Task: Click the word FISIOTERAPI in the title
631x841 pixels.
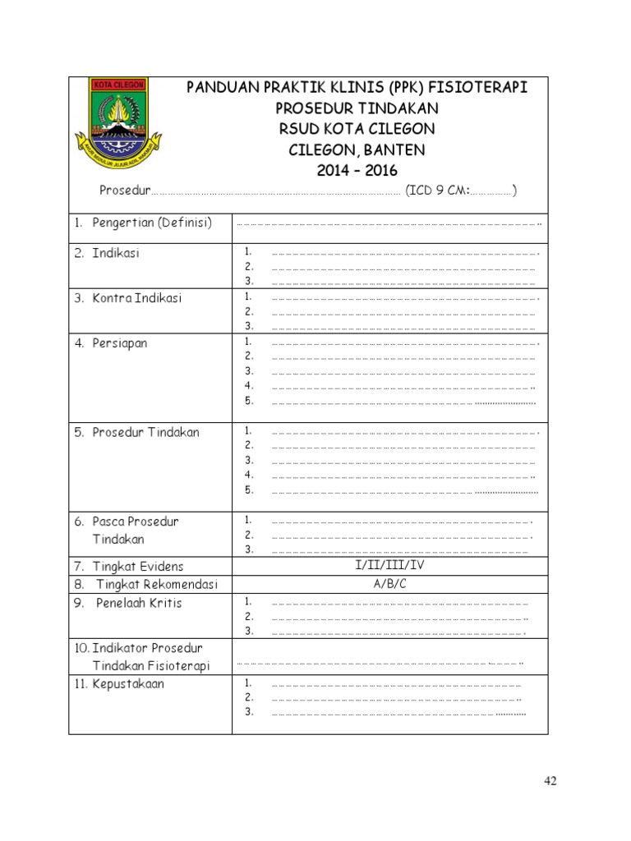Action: (478, 88)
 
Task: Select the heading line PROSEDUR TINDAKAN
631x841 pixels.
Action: (357, 108)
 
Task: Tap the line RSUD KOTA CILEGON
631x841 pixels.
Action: (357, 130)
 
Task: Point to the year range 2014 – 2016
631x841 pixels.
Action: (357, 171)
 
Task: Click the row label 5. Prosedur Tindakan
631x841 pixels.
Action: (137, 433)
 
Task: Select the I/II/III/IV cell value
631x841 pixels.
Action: (390, 566)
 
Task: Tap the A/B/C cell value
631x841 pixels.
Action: (390, 584)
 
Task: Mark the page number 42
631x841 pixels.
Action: (550, 781)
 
